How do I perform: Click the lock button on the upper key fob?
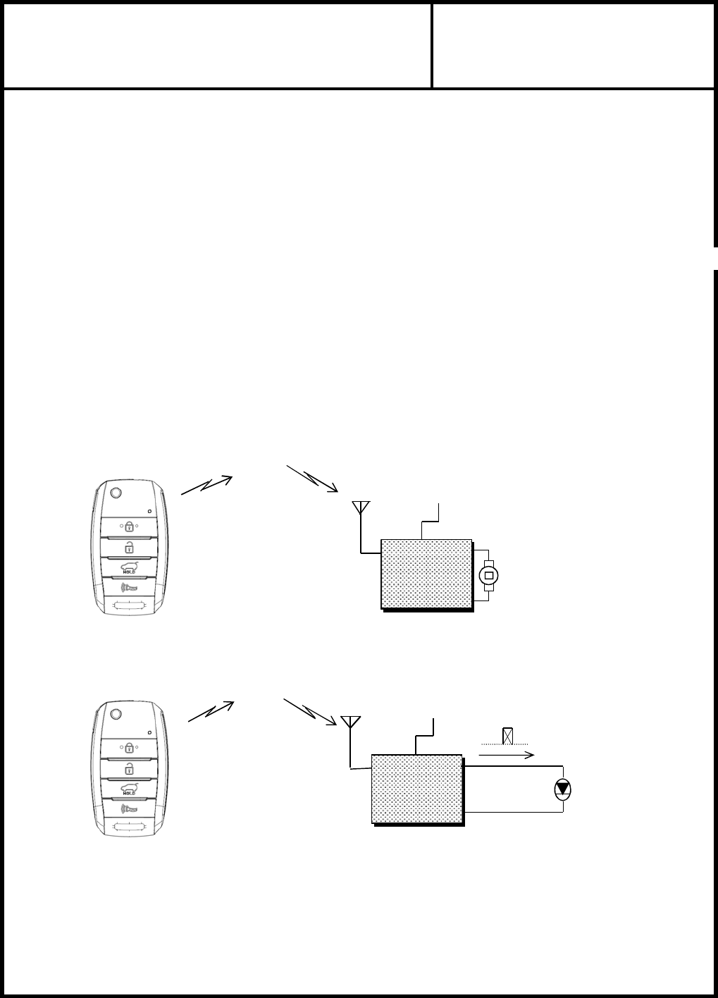(x=130, y=526)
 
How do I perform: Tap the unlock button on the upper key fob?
(x=130, y=547)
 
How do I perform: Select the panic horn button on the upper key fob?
(x=130, y=586)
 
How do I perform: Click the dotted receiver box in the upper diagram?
(x=426, y=574)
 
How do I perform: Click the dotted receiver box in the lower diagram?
(x=417, y=789)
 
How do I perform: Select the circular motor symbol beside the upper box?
(x=488, y=576)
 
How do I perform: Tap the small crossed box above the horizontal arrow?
(x=507, y=737)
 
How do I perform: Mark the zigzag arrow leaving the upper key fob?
(x=206, y=485)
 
